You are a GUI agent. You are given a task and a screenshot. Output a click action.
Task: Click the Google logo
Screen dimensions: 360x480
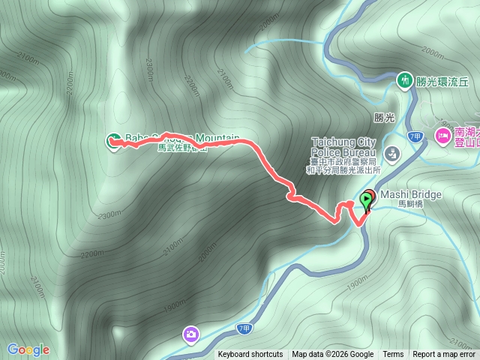[28, 349]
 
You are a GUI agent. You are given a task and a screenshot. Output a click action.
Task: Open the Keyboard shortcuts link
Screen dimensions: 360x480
[250, 355]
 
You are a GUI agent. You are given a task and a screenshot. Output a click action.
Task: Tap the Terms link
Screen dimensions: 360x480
[393, 355]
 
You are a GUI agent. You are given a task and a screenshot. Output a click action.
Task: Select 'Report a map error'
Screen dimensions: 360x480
[445, 355]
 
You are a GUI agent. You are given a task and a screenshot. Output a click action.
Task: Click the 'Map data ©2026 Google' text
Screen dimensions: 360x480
[333, 355]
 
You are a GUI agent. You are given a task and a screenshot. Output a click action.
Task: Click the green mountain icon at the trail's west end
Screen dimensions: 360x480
[112, 139]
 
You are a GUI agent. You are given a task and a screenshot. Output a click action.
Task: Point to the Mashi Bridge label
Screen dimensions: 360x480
[411, 194]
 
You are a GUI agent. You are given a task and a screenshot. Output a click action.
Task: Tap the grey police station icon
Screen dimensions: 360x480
[391, 154]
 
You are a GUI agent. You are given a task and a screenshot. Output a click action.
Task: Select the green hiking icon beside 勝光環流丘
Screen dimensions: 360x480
[405, 79]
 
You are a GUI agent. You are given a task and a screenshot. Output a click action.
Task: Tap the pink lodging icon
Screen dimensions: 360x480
[442, 136]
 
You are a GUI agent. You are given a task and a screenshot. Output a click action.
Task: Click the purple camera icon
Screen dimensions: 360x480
[191, 334]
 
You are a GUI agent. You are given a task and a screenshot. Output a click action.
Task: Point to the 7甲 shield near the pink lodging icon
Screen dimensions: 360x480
[415, 136]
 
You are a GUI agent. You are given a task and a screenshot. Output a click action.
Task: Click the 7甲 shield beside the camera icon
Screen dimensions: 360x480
[242, 328]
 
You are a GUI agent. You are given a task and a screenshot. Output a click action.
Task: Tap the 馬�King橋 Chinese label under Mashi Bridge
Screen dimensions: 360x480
[411, 204]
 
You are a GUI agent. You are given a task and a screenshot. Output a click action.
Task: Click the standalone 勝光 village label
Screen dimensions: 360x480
[383, 118]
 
